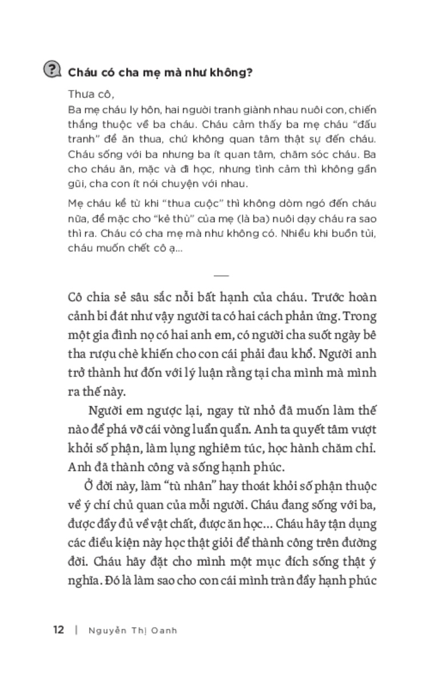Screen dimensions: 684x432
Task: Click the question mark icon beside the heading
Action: tap(53, 70)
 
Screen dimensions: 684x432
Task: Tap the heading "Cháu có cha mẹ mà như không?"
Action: tap(161, 72)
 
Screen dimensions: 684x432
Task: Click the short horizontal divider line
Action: tap(220, 275)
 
